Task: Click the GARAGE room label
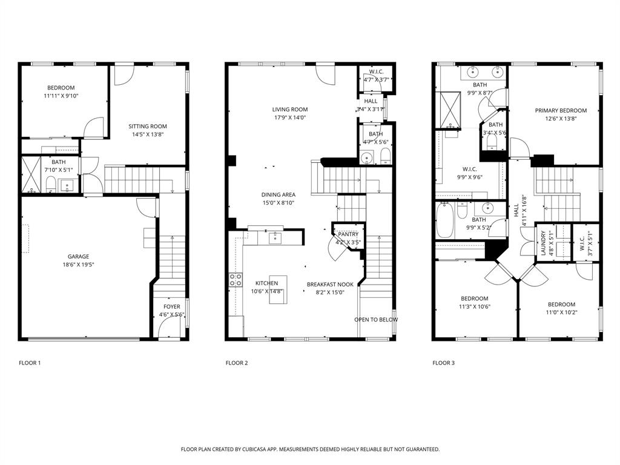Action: pyautogui.click(x=78, y=256)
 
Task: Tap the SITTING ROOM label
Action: pyautogui.click(x=147, y=126)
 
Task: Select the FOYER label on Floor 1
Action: pyautogui.click(x=171, y=306)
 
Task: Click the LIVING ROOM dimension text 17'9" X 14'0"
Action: pyautogui.click(x=290, y=117)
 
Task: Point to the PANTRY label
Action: pyautogui.click(x=348, y=234)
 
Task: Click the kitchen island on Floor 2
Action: pyautogui.click(x=279, y=289)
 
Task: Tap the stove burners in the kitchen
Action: pyautogui.click(x=236, y=280)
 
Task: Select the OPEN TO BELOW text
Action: pyautogui.click(x=376, y=320)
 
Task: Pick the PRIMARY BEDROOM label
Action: pyautogui.click(x=561, y=110)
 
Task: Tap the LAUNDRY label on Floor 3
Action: pyautogui.click(x=544, y=242)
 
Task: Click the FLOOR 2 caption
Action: pyautogui.click(x=237, y=363)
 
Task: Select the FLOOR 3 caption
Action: pyautogui.click(x=444, y=363)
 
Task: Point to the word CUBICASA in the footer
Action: pyautogui.click(x=255, y=449)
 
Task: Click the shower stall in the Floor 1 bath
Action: pyautogui.click(x=30, y=175)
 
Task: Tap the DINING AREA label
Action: pyautogui.click(x=279, y=194)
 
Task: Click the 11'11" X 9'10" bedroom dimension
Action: pyautogui.click(x=61, y=96)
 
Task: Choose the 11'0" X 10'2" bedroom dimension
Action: pyautogui.click(x=561, y=312)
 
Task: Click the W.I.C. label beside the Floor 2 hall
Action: pyautogui.click(x=376, y=71)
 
